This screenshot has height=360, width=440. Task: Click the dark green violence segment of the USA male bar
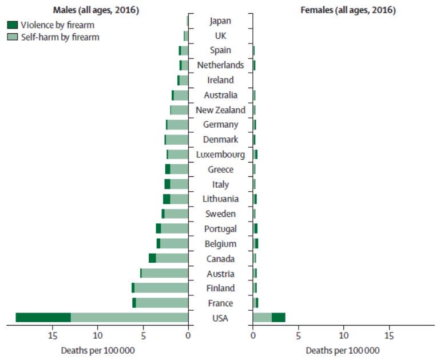(x=43, y=318)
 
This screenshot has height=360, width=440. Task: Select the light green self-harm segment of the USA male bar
(x=129, y=318)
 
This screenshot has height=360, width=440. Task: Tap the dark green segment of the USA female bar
(x=278, y=318)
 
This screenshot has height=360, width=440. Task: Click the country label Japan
(x=220, y=21)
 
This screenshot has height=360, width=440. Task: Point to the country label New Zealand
(x=220, y=110)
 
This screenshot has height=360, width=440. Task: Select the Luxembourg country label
(x=220, y=155)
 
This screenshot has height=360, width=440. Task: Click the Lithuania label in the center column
(x=220, y=199)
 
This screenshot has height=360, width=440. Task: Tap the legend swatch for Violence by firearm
(x=13, y=25)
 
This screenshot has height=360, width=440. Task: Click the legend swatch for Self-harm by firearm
(x=13, y=37)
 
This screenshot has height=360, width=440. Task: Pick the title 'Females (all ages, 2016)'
(x=348, y=10)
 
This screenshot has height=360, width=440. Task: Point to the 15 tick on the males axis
(x=53, y=335)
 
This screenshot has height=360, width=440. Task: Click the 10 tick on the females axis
(x=343, y=335)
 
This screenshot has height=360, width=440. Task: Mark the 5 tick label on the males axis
(x=143, y=335)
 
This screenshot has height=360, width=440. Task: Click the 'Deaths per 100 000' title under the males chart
(x=97, y=350)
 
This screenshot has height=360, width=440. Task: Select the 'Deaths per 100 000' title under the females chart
(x=342, y=350)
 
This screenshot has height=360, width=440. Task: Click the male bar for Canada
(x=168, y=258)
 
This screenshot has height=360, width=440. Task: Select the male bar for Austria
(x=164, y=273)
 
